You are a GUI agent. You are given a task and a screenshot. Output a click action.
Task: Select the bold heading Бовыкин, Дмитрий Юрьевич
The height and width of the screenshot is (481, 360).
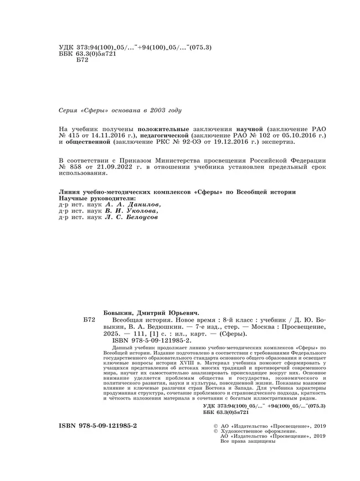pyautogui.click(x=152, y=312)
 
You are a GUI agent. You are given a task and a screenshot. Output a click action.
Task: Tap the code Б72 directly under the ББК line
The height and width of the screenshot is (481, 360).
pyautogui.click(x=73, y=60)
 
